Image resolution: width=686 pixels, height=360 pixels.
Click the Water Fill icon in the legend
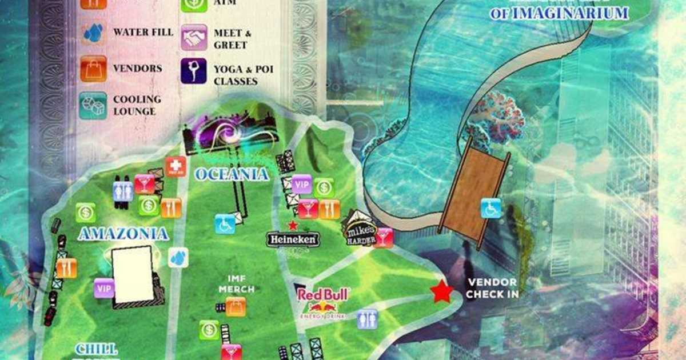coord(93,33)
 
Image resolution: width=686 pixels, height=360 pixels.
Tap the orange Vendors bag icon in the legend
coord(93,69)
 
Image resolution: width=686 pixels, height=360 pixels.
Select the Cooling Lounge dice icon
coord(93,105)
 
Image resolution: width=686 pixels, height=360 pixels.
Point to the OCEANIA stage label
coord(232,174)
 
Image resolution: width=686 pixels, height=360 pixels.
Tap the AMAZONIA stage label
coord(123,234)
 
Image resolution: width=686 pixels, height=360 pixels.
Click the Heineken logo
coord(293,239)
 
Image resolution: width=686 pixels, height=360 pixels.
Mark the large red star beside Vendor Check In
coord(441,291)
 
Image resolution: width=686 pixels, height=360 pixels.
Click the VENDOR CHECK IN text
coord(492,288)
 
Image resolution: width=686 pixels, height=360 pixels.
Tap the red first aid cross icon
coord(176,166)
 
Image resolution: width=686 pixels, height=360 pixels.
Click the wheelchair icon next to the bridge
coord(490,208)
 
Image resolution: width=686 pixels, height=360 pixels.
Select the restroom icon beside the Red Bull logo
coord(367,319)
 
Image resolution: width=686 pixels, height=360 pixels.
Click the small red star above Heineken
coord(293,225)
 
